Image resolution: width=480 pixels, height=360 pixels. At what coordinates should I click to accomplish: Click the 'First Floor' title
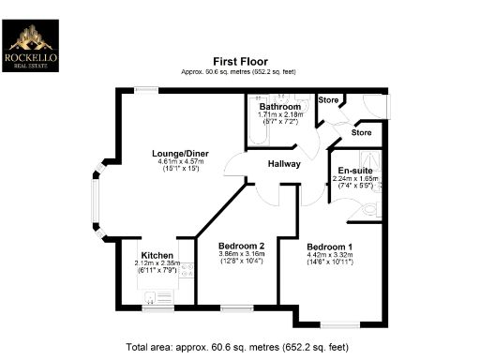[240, 61]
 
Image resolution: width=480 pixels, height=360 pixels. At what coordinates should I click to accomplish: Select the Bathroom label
[278, 107]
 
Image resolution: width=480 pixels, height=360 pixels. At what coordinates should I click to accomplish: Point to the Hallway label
[283, 163]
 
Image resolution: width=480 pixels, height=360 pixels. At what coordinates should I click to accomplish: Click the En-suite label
[356, 171]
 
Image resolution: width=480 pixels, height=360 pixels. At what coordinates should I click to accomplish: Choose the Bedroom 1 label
[329, 246]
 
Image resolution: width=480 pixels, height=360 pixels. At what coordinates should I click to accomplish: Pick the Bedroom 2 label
[229, 246]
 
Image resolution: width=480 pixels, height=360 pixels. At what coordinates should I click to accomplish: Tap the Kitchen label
[156, 256]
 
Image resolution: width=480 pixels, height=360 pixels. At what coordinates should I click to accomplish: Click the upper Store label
[328, 100]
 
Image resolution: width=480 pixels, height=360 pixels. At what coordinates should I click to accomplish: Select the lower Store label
[361, 133]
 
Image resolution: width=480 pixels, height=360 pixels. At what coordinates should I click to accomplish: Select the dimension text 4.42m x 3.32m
[329, 255]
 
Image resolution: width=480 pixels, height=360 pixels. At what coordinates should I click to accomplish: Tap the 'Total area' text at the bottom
[240, 346]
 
